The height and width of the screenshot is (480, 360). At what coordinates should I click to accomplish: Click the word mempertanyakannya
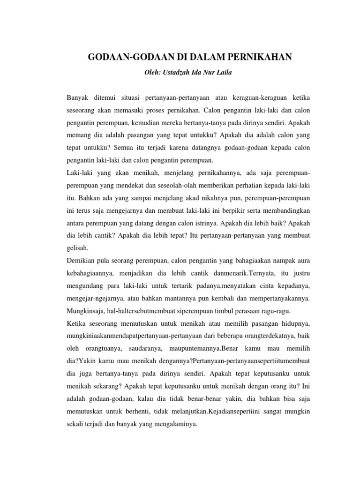(270, 297)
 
